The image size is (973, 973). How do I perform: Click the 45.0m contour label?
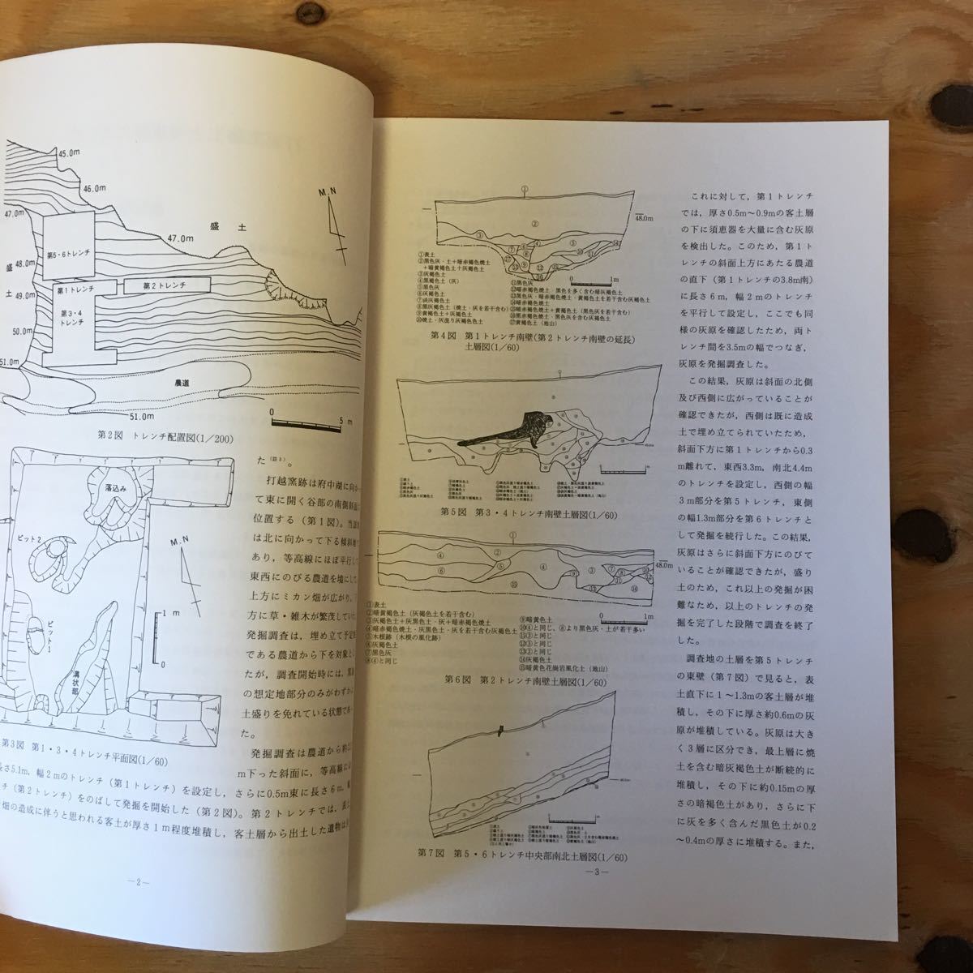click(69, 152)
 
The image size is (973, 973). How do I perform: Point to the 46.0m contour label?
click(93, 187)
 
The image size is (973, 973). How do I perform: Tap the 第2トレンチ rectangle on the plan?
click(165, 285)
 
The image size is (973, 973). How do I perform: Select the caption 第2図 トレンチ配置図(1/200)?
click(162, 439)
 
